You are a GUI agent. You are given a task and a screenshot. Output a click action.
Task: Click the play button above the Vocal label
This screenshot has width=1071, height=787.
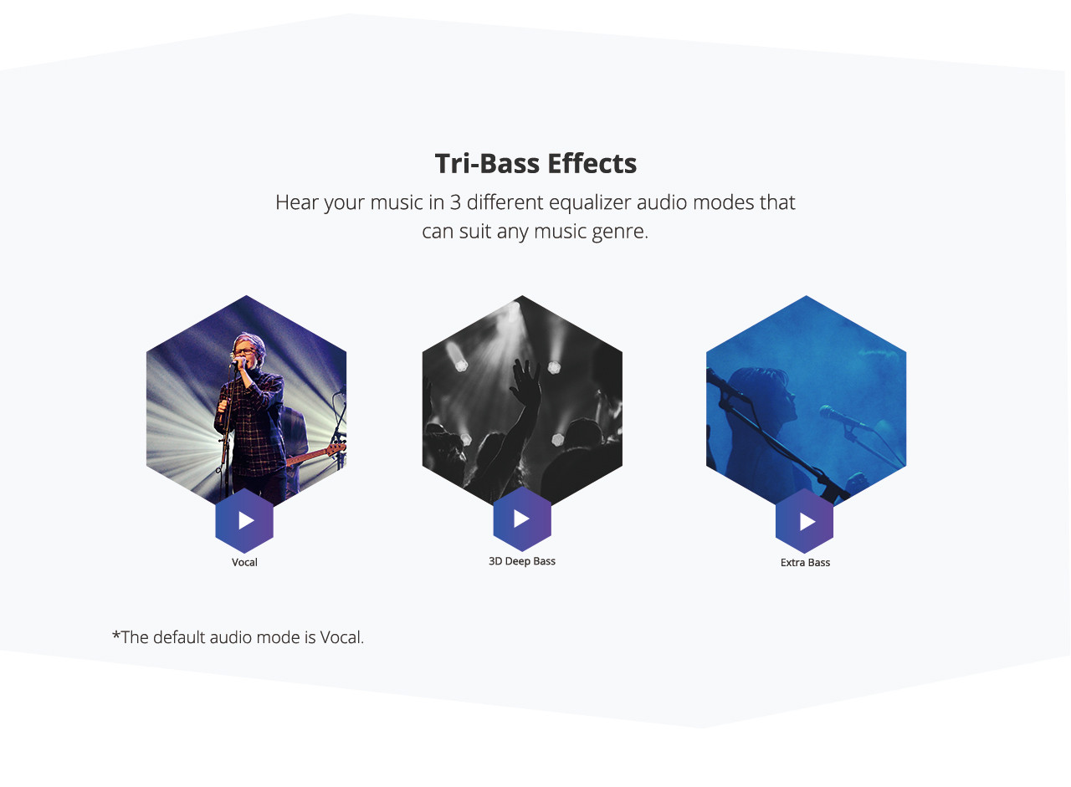(x=244, y=520)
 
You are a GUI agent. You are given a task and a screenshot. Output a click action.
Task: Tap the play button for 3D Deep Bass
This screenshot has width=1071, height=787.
(x=522, y=519)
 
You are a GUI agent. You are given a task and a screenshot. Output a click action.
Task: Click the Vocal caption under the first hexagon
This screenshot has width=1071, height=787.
(x=244, y=562)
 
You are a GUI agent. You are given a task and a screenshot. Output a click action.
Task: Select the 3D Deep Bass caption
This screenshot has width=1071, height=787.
(x=521, y=561)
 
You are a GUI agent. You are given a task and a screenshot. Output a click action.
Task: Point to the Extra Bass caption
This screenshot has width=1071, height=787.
(x=805, y=562)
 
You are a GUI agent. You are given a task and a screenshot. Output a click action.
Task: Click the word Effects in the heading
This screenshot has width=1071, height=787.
(x=592, y=163)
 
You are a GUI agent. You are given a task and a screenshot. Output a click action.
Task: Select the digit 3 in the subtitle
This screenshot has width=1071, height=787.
(x=455, y=202)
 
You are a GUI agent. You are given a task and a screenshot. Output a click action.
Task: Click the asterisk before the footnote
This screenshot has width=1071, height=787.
(x=116, y=635)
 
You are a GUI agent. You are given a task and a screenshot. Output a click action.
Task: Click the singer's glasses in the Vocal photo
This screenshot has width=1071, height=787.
(x=245, y=352)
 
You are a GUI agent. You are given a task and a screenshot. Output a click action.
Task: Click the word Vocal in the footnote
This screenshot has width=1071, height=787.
(x=341, y=637)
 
